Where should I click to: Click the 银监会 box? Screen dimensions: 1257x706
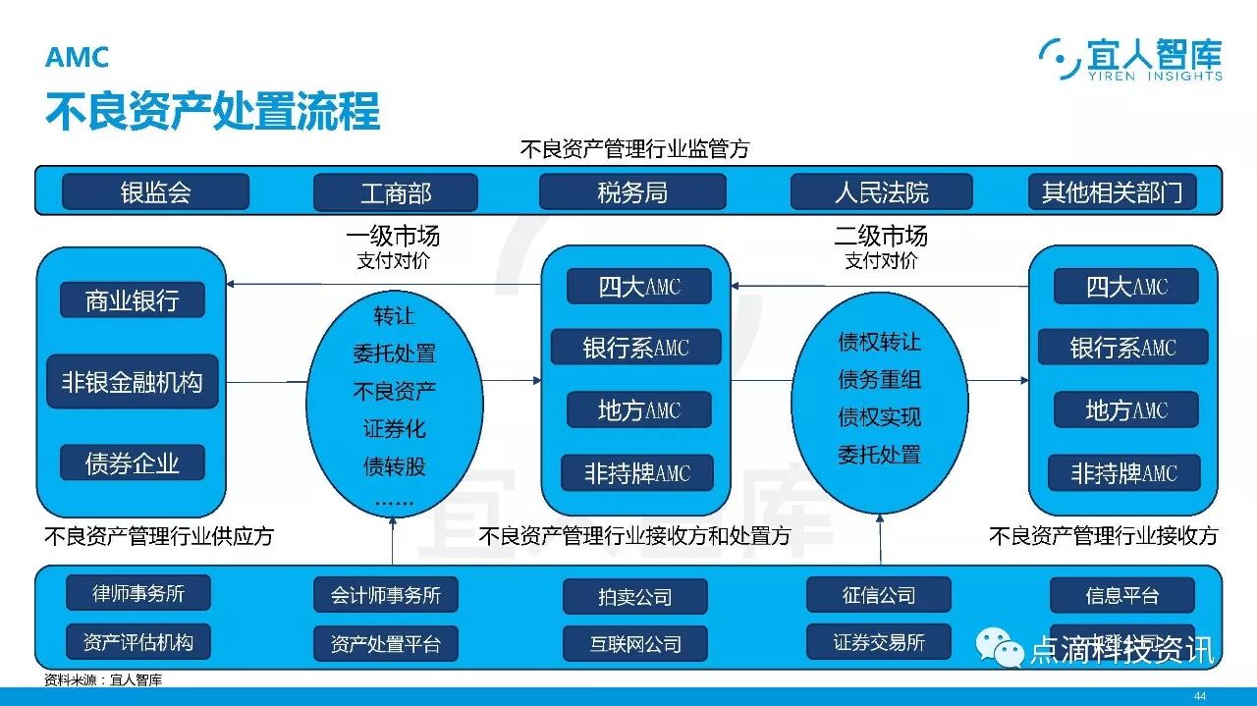(x=155, y=191)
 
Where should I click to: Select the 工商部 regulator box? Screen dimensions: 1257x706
(x=395, y=192)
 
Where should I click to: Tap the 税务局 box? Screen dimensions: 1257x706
(x=632, y=191)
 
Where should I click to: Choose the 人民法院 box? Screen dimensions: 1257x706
(x=881, y=191)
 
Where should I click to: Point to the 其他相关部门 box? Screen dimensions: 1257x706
(x=1112, y=191)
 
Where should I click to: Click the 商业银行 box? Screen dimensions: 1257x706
(x=133, y=300)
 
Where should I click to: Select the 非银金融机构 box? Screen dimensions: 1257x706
(x=133, y=382)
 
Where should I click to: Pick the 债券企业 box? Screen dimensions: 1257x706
(x=133, y=462)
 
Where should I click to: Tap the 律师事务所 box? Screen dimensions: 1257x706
(x=138, y=593)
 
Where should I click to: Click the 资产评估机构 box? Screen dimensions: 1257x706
(x=138, y=642)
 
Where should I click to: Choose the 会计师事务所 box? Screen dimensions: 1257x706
(x=386, y=595)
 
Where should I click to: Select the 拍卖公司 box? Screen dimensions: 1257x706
(x=634, y=596)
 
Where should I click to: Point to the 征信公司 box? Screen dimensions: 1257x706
(x=878, y=594)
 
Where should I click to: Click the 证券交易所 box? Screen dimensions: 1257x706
(x=878, y=642)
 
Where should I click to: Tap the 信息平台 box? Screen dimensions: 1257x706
(x=1121, y=595)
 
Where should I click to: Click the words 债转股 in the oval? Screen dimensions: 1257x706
(x=394, y=465)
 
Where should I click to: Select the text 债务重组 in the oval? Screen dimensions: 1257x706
(x=879, y=379)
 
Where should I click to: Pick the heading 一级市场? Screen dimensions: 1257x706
(x=393, y=236)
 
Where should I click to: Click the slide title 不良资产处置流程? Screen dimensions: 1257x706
(x=212, y=112)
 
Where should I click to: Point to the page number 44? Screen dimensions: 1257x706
(x=1199, y=695)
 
